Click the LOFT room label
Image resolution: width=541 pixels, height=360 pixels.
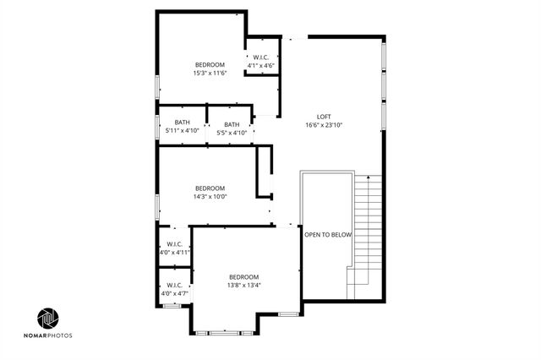click(324, 117)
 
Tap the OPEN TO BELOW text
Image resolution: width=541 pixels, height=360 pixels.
click(328, 234)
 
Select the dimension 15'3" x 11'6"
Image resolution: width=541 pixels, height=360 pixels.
click(210, 73)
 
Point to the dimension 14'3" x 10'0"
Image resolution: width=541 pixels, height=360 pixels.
click(210, 196)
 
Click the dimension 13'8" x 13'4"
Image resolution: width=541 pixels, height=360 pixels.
click(243, 285)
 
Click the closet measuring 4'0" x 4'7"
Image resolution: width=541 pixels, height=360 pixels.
click(175, 289)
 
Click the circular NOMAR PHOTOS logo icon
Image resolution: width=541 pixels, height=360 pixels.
click(48, 319)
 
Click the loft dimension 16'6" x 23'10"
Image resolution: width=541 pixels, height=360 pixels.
click(324, 125)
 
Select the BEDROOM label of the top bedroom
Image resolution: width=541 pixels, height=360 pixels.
click(210, 65)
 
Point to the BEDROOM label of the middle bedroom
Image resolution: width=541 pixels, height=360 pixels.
click(210, 188)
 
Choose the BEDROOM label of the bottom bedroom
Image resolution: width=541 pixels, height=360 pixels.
click(243, 277)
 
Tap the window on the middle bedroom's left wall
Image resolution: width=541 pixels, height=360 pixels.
click(157, 207)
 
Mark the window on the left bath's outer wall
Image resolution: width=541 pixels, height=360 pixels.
click(157, 126)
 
